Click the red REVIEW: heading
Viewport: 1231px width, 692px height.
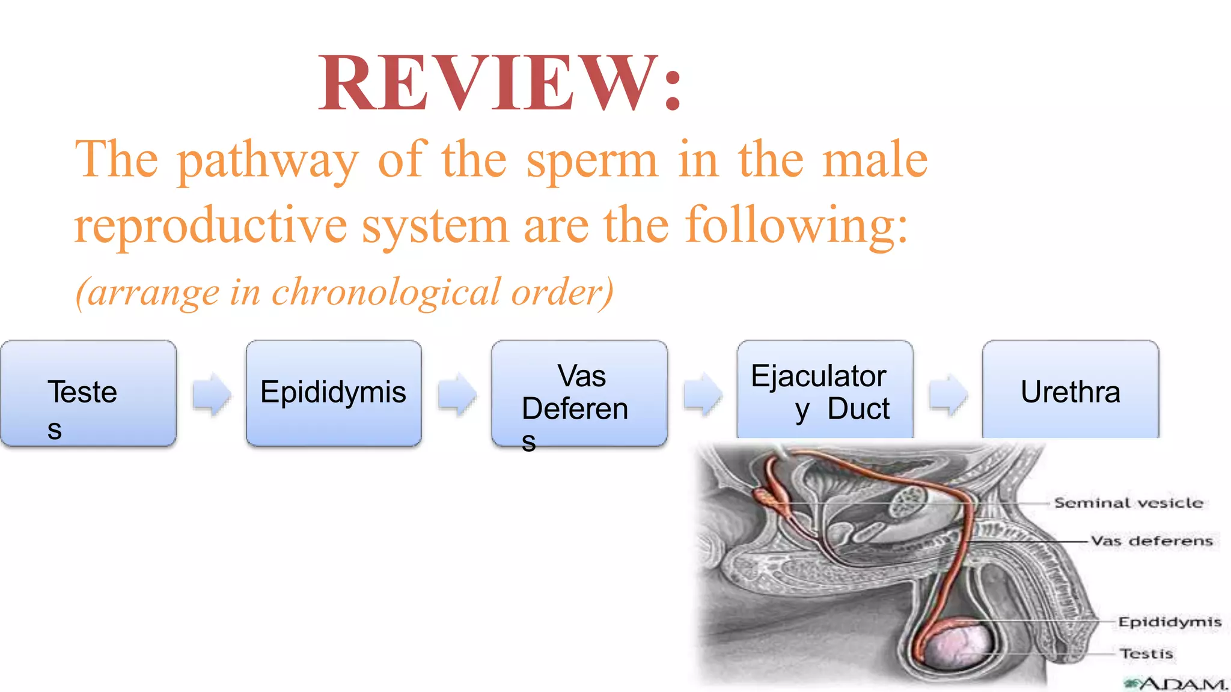tap(500, 83)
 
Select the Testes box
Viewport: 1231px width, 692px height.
tap(88, 393)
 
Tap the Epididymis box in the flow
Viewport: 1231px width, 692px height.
tap(334, 393)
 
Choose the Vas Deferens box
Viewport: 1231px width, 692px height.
tap(579, 393)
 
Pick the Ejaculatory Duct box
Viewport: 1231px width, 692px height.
tap(825, 390)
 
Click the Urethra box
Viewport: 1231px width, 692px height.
tap(1071, 390)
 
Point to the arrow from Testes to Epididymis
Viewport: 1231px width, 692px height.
tap(212, 394)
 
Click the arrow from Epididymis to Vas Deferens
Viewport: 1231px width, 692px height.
tap(457, 394)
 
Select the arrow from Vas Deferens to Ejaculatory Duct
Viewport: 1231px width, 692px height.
tap(703, 394)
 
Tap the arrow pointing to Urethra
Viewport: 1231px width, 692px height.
tap(948, 394)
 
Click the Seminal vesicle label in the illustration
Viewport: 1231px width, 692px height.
tap(1128, 503)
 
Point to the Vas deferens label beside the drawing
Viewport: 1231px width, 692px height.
tap(1151, 541)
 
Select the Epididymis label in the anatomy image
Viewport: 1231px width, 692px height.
tap(1169, 622)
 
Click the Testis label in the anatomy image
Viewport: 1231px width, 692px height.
tap(1146, 653)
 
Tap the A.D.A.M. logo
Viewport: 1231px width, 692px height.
tap(1176, 684)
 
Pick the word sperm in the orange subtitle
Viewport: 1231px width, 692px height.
tap(592, 160)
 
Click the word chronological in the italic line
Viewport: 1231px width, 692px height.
tap(385, 292)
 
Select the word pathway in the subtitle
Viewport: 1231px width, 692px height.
tap(268, 160)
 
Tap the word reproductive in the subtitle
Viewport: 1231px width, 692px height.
tap(210, 225)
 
